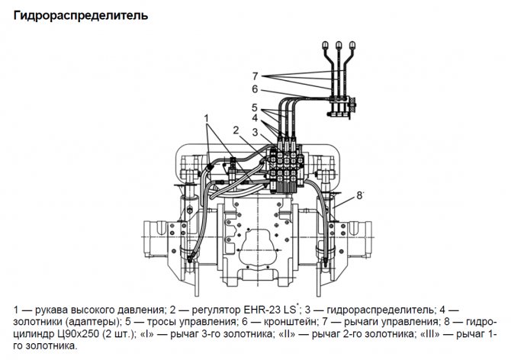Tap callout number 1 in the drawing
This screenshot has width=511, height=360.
207,117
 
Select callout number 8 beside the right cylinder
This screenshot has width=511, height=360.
358,196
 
